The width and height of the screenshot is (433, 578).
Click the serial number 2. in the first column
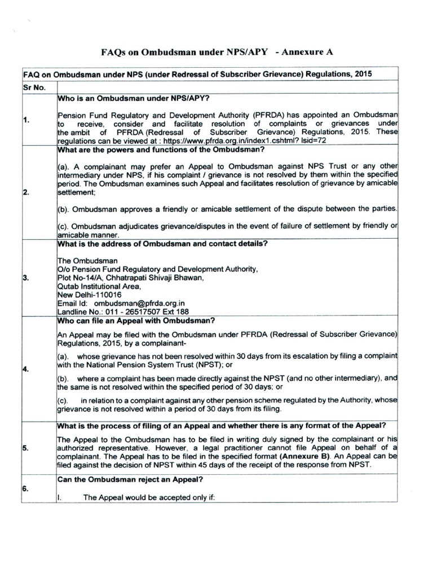[26, 192]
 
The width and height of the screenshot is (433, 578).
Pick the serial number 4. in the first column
[26, 369]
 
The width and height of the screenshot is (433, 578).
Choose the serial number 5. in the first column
[26, 448]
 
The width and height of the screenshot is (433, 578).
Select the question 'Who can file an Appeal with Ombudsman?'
[136, 321]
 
